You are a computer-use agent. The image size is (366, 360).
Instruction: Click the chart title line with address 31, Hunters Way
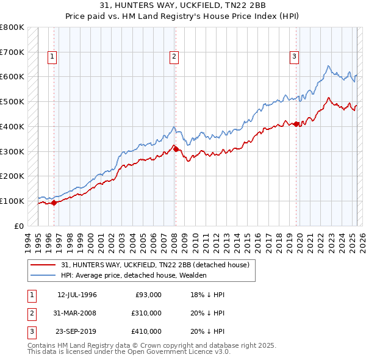click(182, 5)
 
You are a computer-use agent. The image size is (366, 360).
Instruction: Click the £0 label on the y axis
click(20, 226)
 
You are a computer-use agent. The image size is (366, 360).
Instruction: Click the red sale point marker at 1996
click(54, 203)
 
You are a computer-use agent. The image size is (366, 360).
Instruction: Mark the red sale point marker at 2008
click(175, 148)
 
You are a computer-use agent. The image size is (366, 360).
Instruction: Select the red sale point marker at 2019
click(296, 124)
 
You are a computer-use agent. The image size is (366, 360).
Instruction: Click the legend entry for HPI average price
click(133, 275)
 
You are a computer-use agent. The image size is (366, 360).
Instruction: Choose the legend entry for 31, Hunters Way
click(155, 265)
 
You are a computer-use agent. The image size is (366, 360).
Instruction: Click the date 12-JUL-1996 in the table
click(77, 295)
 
